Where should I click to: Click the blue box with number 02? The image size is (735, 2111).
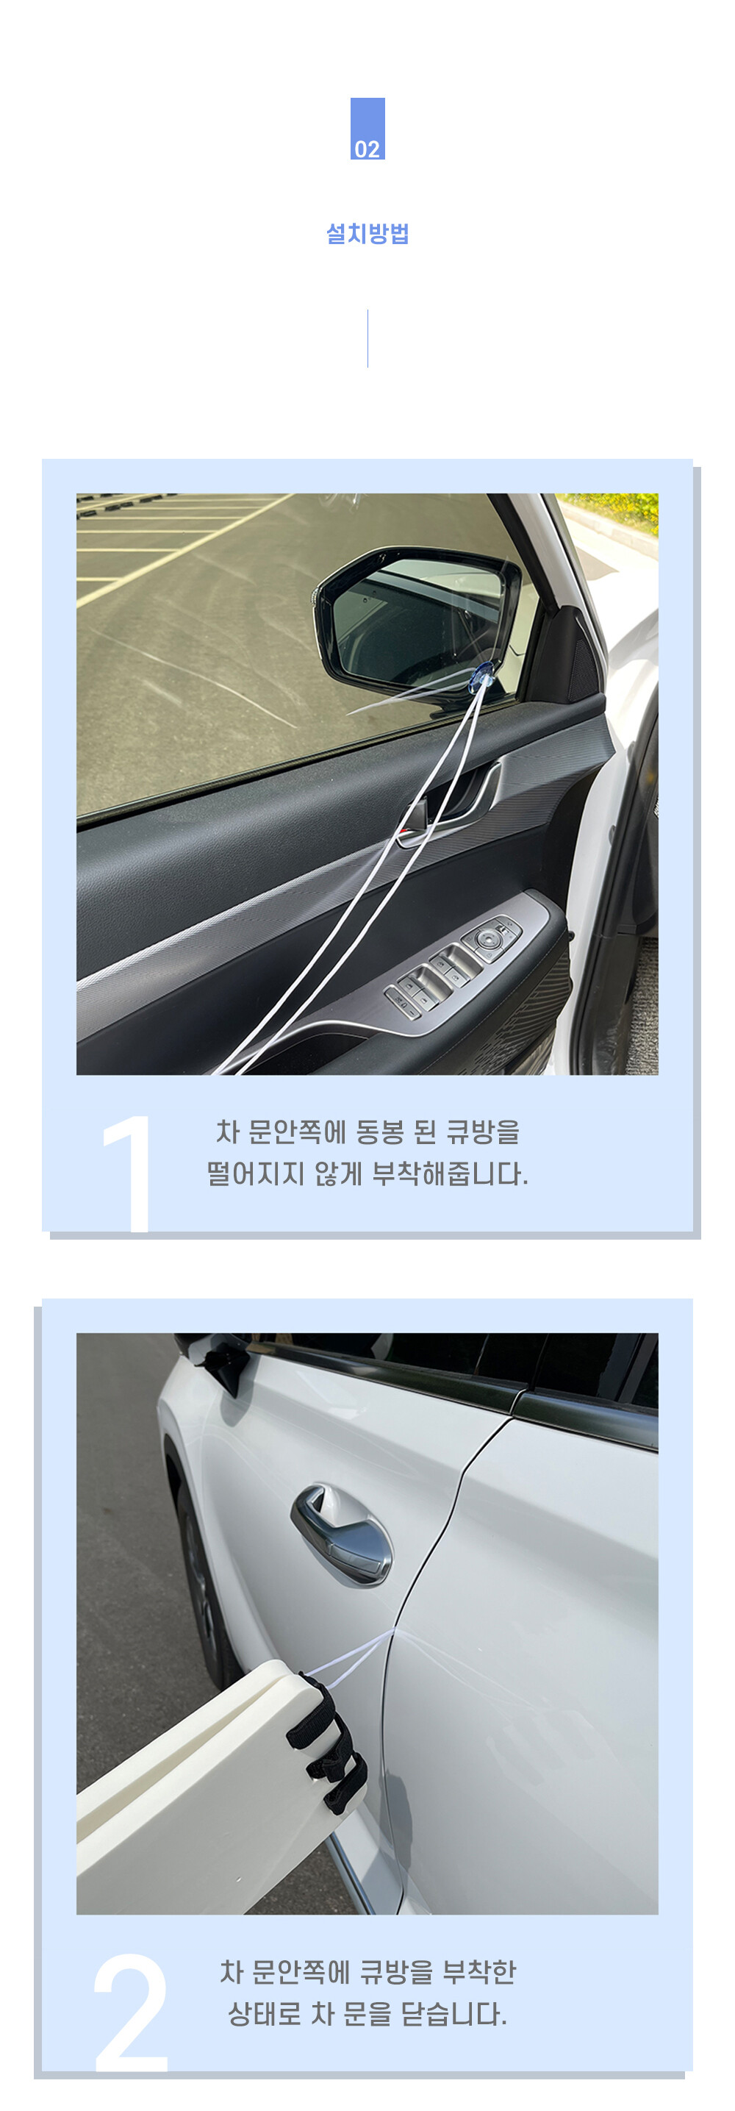(x=367, y=129)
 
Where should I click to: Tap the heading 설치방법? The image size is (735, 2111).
(x=367, y=235)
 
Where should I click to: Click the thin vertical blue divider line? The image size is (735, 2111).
(x=367, y=338)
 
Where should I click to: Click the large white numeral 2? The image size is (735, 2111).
(x=131, y=2012)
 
